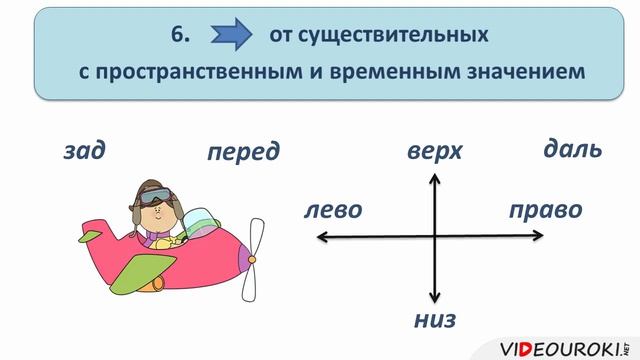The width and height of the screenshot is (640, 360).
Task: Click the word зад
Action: pos(83,151)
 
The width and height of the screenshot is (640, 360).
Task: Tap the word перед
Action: pos(243,153)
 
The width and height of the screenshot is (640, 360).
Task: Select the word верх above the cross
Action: pos(435,152)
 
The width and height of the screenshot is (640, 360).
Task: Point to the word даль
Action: pos(572,150)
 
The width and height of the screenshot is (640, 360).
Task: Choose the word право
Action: pos(545,211)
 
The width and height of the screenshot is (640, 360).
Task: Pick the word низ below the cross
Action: pos(435,320)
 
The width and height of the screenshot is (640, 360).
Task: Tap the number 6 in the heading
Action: pos(179,36)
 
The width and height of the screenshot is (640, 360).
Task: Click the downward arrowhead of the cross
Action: pos(435,297)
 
